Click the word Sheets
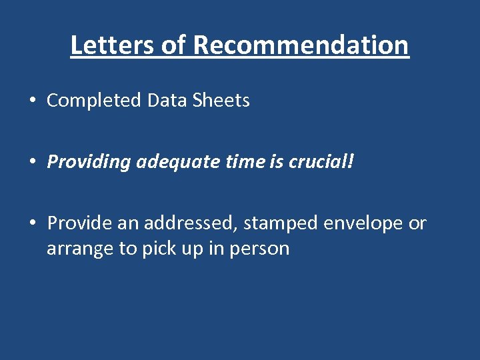click(x=221, y=101)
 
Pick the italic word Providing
click(x=89, y=162)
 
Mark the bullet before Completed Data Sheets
click(x=31, y=101)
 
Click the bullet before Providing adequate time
click(x=31, y=162)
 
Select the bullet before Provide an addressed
click(x=31, y=223)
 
